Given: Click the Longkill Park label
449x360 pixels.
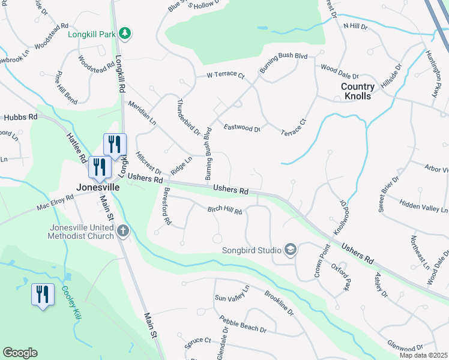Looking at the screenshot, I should pos(91,34).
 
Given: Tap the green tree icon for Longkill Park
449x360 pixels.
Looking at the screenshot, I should pos(124,33).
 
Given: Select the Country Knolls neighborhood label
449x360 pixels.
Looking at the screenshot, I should pos(358,91).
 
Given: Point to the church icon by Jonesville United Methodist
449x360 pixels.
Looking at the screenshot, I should pos(123,230).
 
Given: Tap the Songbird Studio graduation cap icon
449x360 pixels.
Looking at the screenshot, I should pos(291,250).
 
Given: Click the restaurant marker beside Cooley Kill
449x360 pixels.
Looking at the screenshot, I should pos(42,295).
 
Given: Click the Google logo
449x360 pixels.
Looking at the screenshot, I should pos(20,353).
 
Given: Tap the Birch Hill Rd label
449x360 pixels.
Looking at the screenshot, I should pos(224,211).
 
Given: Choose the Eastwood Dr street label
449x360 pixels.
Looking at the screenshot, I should pos(242,128).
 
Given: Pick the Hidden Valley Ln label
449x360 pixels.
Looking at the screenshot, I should pos(424,207).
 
